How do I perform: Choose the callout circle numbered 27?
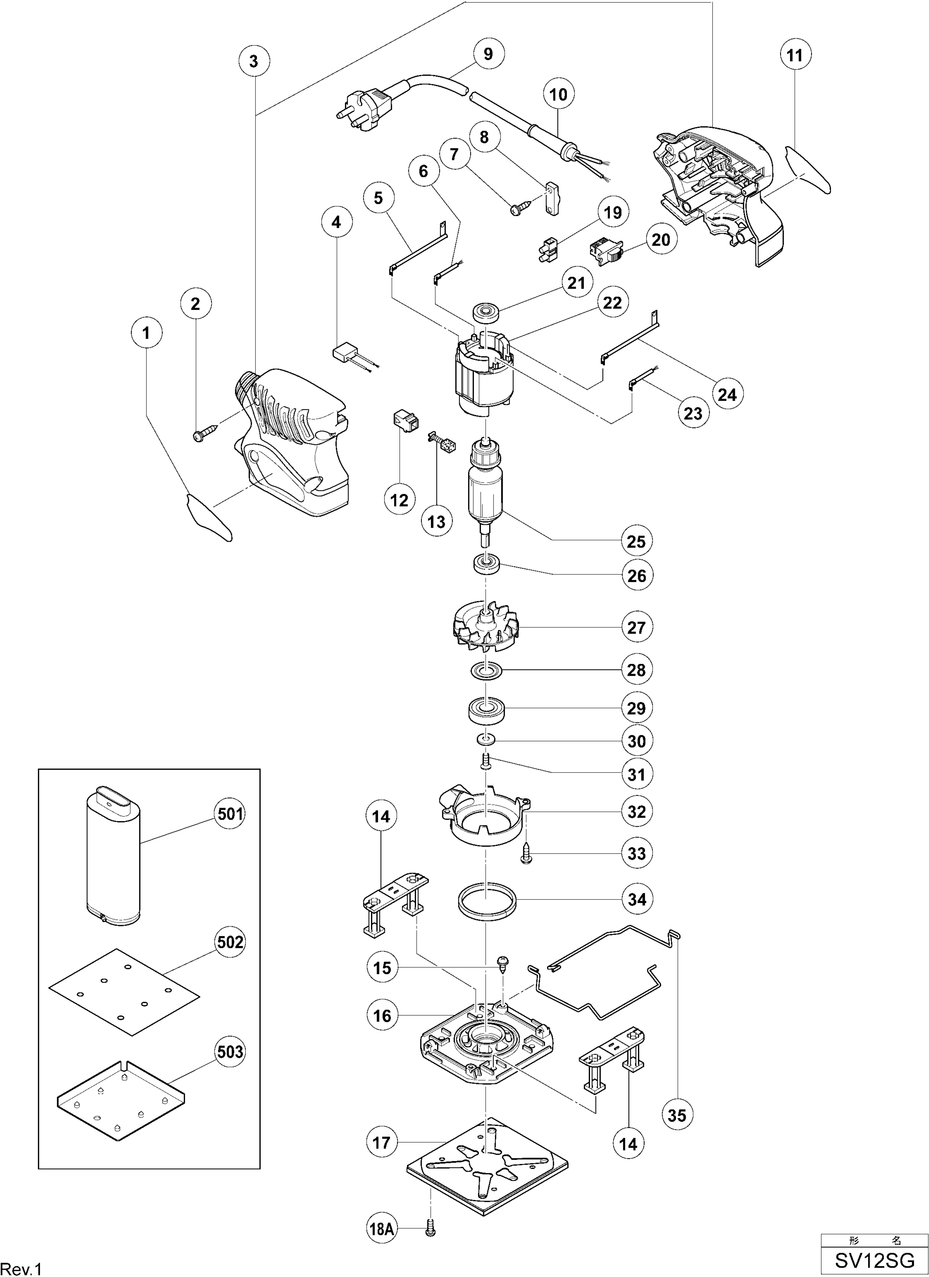click(x=636, y=627)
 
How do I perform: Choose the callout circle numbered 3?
click(x=254, y=61)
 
